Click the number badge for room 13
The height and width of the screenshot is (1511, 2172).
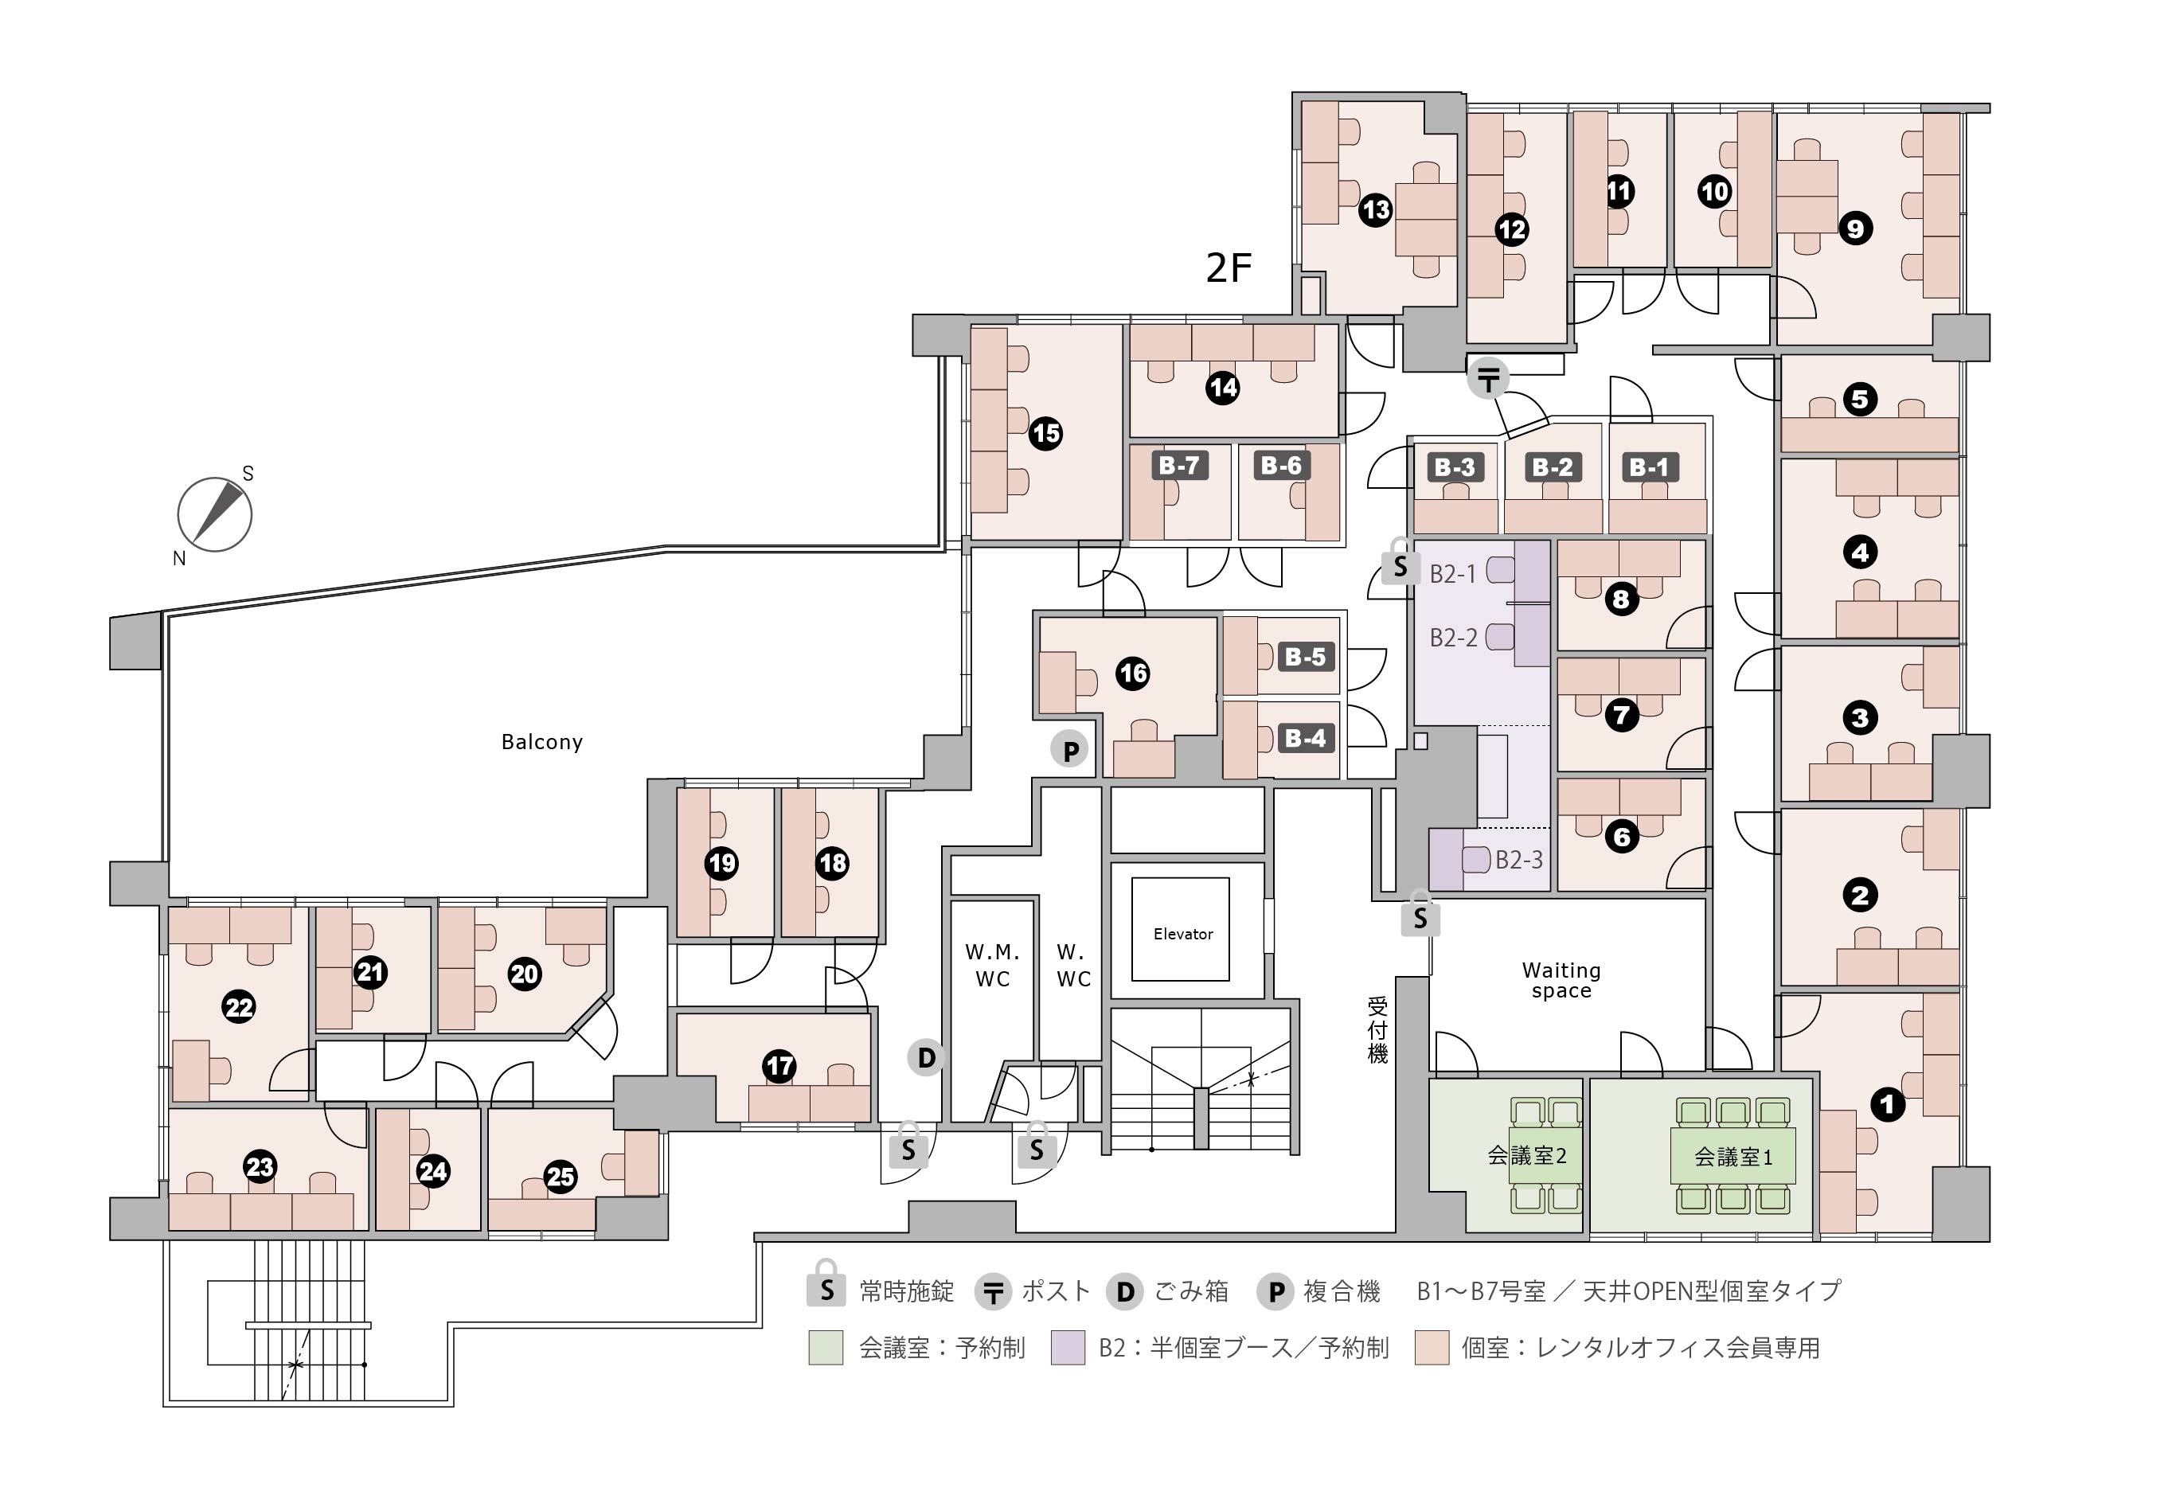point(1376,209)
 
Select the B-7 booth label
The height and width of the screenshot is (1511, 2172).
point(1180,466)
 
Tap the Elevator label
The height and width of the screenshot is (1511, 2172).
point(1182,934)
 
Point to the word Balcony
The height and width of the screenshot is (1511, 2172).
point(542,742)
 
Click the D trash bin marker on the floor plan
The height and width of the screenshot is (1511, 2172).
point(927,1058)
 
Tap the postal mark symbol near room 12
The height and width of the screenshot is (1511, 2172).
point(1489,381)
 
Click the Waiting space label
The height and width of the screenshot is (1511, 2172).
point(1561,980)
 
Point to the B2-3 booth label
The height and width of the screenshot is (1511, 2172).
point(1519,859)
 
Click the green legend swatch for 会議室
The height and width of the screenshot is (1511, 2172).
point(826,1347)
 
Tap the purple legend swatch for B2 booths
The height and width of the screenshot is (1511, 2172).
point(1068,1347)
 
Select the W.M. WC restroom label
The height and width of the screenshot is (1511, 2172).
point(992,965)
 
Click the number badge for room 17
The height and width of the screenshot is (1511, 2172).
point(779,1066)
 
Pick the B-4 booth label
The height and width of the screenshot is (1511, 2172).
point(1306,738)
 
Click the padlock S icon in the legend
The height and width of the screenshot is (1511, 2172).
point(826,1285)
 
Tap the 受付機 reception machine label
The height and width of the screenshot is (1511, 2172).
point(1377,1030)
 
